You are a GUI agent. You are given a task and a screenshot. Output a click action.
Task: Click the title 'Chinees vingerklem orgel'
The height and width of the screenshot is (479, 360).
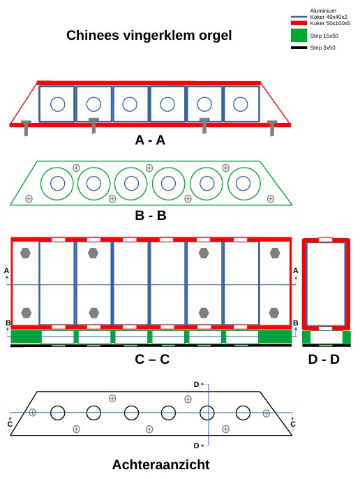[149, 36]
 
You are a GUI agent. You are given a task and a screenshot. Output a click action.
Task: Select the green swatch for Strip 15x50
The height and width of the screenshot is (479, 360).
[299, 35]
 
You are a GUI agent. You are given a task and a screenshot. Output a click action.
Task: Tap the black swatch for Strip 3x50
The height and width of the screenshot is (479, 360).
[299, 47]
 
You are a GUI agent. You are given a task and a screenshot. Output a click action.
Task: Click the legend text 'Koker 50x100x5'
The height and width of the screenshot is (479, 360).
[330, 23]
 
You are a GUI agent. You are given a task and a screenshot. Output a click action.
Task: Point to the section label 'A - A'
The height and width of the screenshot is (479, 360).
[150, 140]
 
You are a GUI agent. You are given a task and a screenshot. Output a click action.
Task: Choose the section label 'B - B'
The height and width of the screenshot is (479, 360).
[151, 215]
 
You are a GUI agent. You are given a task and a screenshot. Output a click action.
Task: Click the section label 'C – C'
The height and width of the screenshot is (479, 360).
[152, 359]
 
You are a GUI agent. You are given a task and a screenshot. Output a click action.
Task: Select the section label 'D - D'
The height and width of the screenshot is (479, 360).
[324, 359]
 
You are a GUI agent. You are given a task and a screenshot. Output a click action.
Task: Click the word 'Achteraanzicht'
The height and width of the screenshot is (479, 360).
[161, 464]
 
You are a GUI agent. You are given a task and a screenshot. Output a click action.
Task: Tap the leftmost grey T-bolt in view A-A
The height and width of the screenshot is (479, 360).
[26, 128]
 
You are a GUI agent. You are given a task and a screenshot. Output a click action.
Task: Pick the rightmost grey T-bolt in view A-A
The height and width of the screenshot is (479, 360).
[272, 128]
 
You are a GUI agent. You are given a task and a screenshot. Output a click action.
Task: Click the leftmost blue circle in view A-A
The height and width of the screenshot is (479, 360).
[57, 104]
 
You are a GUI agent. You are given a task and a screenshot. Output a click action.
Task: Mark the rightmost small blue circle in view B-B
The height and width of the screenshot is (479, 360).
[243, 184]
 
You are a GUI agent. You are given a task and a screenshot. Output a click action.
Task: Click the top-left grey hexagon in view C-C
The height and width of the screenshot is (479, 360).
[25, 253]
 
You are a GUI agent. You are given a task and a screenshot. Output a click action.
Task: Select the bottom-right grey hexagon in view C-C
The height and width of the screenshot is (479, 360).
[274, 313]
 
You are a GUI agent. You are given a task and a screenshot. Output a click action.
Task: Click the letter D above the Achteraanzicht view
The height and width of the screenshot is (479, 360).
[196, 385]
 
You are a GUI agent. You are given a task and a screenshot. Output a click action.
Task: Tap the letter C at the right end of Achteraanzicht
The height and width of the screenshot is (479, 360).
[293, 425]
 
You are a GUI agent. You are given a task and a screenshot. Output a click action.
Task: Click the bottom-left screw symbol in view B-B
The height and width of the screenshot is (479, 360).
[29, 198]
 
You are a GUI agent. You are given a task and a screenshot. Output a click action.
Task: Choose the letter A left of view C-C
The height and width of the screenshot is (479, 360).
[7, 271]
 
